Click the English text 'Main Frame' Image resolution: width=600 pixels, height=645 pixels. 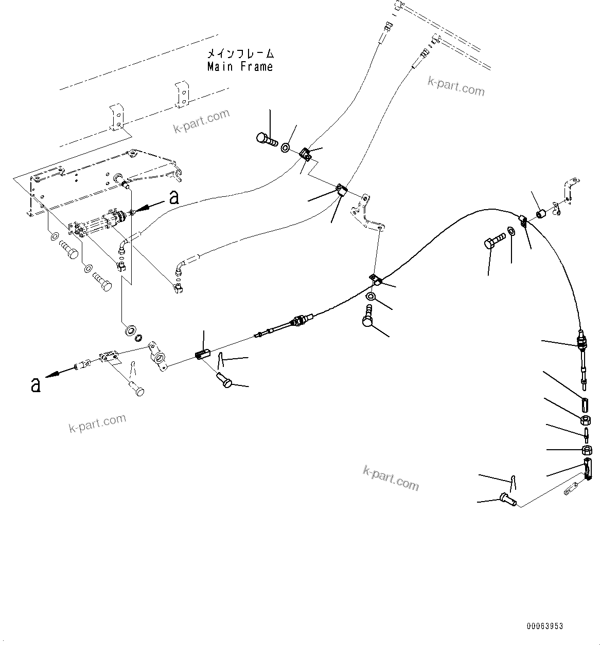[240, 67]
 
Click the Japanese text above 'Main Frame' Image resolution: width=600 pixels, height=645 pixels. [240, 53]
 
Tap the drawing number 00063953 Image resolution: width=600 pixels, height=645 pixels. [544, 626]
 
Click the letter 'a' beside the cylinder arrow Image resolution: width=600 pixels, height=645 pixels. [174, 198]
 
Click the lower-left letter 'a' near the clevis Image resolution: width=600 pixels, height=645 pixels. [35, 384]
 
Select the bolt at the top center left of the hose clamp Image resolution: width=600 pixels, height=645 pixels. [266, 138]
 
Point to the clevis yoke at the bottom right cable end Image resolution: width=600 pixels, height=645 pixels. [588, 469]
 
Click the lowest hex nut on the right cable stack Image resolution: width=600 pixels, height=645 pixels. [586, 451]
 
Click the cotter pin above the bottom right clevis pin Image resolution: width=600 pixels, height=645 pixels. [514, 482]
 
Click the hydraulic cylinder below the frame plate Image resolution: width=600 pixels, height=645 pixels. [103, 222]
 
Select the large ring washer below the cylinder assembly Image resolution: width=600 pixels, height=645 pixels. [129, 329]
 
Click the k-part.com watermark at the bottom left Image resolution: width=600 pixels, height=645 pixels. [97, 422]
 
